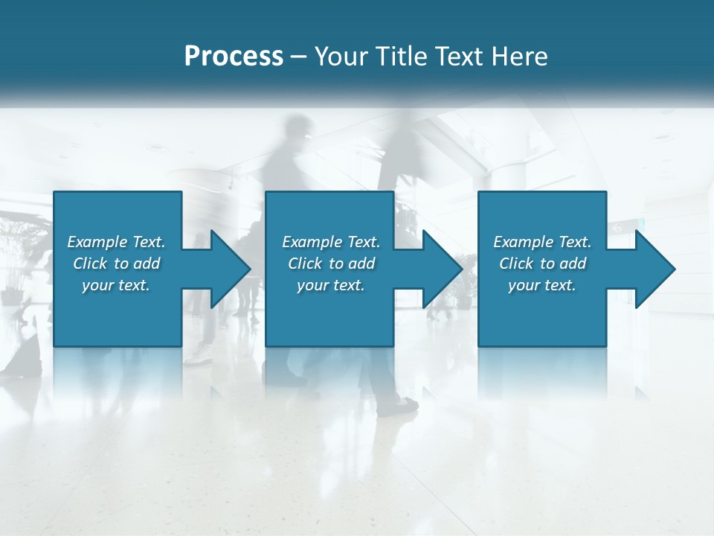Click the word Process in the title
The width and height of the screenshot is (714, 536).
(234, 57)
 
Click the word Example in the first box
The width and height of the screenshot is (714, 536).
(97, 242)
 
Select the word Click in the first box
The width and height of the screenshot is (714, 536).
(90, 264)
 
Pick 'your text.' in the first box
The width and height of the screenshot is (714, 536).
(116, 285)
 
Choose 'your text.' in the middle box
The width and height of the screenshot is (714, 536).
(331, 285)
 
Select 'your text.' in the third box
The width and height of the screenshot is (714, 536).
(542, 285)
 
